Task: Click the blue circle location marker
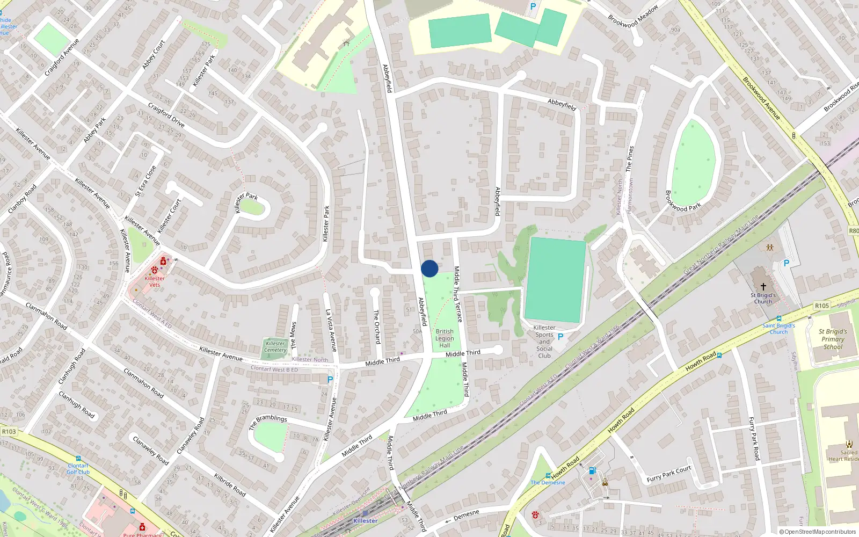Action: [x=429, y=268]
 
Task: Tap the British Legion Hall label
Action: [x=445, y=339]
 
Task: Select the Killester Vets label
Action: [x=155, y=281]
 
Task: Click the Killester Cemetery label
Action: [x=275, y=347]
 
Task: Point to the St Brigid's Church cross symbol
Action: [x=763, y=287]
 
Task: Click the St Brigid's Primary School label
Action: [x=833, y=339]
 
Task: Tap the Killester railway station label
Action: [x=365, y=521]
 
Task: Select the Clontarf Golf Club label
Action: [x=78, y=469]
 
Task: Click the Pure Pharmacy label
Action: [x=142, y=534]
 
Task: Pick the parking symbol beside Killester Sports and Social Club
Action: [x=560, y=337]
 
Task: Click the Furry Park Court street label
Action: [x=669, y=474]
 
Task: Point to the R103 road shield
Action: [x=9, y=431]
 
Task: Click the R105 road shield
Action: [x=822, y=306]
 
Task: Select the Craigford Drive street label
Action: [x=166, y=115]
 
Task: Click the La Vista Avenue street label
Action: [x=331, y=330]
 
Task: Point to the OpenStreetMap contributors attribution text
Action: [x=818, y=532]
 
